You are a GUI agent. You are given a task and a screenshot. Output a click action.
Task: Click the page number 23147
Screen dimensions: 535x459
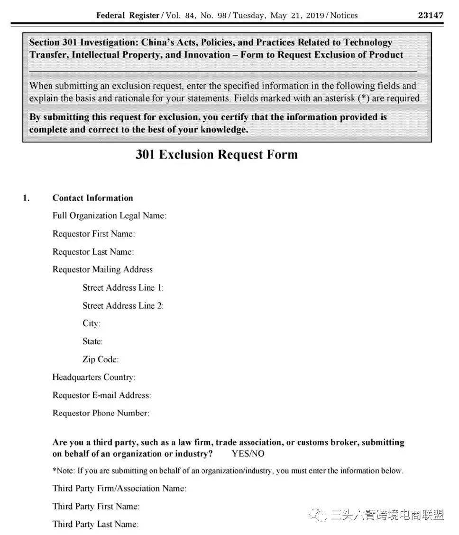(430, 15)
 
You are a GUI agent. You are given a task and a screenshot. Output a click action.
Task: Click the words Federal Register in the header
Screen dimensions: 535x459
(128, 15)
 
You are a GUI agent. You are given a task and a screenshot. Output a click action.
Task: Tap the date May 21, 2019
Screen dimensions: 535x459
(297, 15)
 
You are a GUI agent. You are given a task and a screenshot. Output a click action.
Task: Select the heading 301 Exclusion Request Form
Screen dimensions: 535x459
(217, 155)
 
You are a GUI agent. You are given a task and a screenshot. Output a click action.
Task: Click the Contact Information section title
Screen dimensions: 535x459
(92, 198)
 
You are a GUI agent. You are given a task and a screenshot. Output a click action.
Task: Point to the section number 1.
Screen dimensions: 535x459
(26, 198)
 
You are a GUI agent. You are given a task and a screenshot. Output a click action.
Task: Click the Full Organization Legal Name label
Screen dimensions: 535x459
(109, 216)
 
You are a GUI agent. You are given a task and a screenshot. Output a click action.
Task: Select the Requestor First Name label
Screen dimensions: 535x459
(93, 234)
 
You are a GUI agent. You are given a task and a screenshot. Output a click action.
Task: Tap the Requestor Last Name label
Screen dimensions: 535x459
(93, 252)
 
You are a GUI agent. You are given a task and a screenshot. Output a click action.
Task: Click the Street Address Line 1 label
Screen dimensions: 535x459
(123, 288)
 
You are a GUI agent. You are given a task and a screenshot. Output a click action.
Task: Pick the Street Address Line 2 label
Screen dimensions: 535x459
(123, 306)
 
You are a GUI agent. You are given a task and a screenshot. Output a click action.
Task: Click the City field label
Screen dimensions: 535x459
(91, 324)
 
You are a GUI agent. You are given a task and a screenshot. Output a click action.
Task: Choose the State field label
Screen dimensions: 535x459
(92, 342)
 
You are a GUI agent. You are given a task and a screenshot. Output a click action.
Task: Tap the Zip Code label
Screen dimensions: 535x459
(100, 360)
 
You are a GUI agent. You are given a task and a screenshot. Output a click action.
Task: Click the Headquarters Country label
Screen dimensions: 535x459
(94, 377)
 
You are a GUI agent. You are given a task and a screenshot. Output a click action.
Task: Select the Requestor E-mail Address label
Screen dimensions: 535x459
(101, 395)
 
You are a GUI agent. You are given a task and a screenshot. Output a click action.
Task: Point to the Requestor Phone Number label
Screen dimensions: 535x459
(101, 413)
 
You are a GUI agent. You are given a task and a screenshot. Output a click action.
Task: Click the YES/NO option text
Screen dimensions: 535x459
(248, 454)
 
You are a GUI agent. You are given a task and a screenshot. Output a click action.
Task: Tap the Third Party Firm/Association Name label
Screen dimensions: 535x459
(119, 488)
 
